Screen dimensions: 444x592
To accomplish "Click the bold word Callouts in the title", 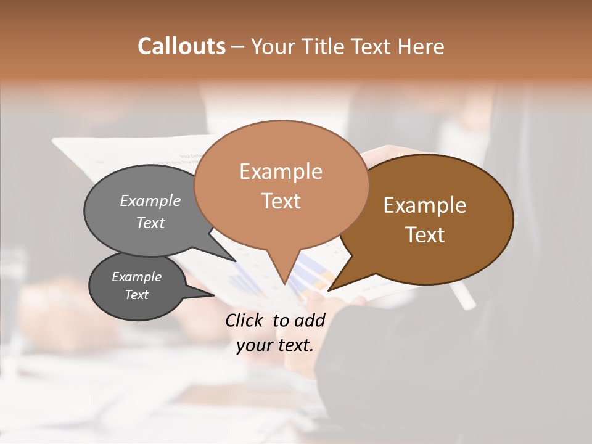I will pyautogui.click(x=181, y=46).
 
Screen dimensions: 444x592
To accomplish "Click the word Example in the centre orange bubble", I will pyautogui.click(x=281, y=171).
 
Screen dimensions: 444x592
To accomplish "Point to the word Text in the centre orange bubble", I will pyautogui.click(x=281, y=201).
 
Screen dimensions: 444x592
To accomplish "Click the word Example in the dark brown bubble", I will pyautogui.click(x=425, y=205).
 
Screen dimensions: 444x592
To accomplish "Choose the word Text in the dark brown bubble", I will pyautogui.click(x=425, y=235).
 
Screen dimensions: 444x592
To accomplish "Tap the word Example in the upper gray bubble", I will pyautogui.click(x=150, y=201).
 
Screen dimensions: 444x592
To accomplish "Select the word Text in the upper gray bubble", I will pyautogui.click(x=150, y=223).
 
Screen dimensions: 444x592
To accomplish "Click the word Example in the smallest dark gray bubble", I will pyautogui.click(x=137, y=277).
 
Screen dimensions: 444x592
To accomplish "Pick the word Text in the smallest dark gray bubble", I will pyautogui.click(x=137, y=295).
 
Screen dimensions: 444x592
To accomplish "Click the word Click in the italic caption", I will pyautogui.click(x=245, y=320).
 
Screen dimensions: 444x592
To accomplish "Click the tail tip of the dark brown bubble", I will pyautogui.click(x=329, y=290).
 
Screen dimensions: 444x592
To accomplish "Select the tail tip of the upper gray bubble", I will pyautogui.click(x=236, y=261).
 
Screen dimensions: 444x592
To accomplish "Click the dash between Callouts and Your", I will pyautogui.click(x=238, y=46).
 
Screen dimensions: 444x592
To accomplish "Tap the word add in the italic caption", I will pyautogui.click(x=310, y=320).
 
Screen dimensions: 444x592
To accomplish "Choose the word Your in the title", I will pyautogui.click(x=275, y=46).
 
